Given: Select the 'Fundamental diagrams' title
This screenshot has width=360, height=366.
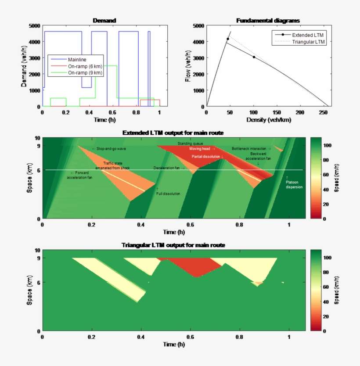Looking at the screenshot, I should (268, 21).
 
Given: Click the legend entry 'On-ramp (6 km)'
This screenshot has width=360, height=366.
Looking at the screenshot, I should (86, 66).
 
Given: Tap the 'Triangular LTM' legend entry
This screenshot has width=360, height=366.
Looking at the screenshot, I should (309, 42).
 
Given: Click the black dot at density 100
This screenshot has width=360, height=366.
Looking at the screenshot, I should (254, 57).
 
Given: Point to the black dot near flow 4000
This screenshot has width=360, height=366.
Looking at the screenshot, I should (228, 39).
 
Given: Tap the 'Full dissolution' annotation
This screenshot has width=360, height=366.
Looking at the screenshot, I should (169, 193).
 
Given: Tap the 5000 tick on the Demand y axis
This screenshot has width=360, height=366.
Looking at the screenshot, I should (34, 25).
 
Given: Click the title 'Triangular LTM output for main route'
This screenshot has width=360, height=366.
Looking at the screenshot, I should (174, 245).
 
